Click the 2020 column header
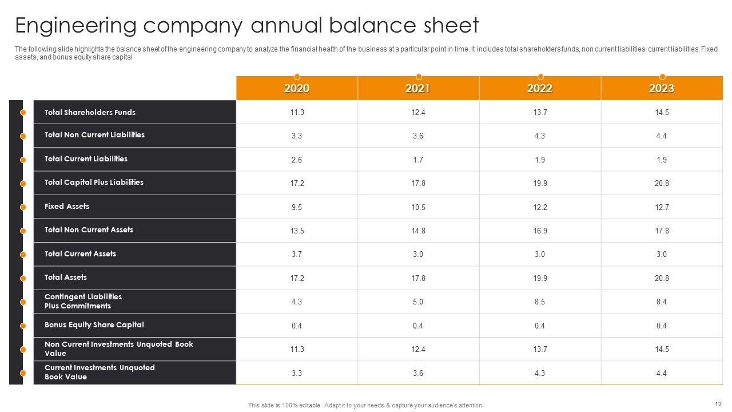click(297, 88)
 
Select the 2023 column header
click(662, 88)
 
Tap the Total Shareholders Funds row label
click(90, 113)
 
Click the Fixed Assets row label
click(67, 207)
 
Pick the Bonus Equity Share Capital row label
click(94, 325)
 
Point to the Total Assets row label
click(66, 278)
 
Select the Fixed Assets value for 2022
click(540, 207)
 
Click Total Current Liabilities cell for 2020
click(297, 160)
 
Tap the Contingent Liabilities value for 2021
click(418, 302)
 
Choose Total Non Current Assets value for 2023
click(662, 231)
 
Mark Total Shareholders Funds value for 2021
click(418, 113)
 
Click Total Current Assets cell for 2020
click(297, 254)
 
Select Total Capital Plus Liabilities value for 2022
click(540, 183)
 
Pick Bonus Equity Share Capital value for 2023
click(662, 326)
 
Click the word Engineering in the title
click(76, 26)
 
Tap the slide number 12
click(718, 403)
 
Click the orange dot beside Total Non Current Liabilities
click(23, 136)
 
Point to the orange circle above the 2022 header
click(540, 77)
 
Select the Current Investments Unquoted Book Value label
click(100, 372)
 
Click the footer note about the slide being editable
click(365, 405)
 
